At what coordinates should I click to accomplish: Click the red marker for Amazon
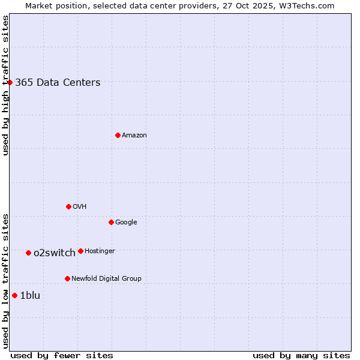coord(118,135)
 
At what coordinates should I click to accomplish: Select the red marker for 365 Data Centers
coord(10,82)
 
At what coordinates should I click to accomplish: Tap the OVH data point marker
coord(68,206)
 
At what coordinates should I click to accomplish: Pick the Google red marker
coord(111,222)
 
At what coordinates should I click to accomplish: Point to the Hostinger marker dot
coord(80,251)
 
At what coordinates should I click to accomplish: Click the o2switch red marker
coord(28,253)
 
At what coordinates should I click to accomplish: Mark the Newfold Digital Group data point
coord(67,278)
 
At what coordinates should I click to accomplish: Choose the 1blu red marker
coord(14,295)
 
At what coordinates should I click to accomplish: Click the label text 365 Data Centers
coord(58,83)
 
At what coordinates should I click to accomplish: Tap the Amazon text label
coord(134,136)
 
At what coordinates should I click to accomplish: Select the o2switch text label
coord(55,253)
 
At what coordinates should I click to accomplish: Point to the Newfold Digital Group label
coord(106,278)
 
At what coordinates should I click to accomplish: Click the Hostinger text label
coord(100,251)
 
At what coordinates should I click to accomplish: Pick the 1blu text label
coord(30,295)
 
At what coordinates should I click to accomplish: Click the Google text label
coord(126,222)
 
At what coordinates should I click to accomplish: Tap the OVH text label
coord(79,206)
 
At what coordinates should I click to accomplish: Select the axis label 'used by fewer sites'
coord(62,355)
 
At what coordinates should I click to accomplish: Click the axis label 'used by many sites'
coord(301,355)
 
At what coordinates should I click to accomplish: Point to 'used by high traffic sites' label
coord(5,85)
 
